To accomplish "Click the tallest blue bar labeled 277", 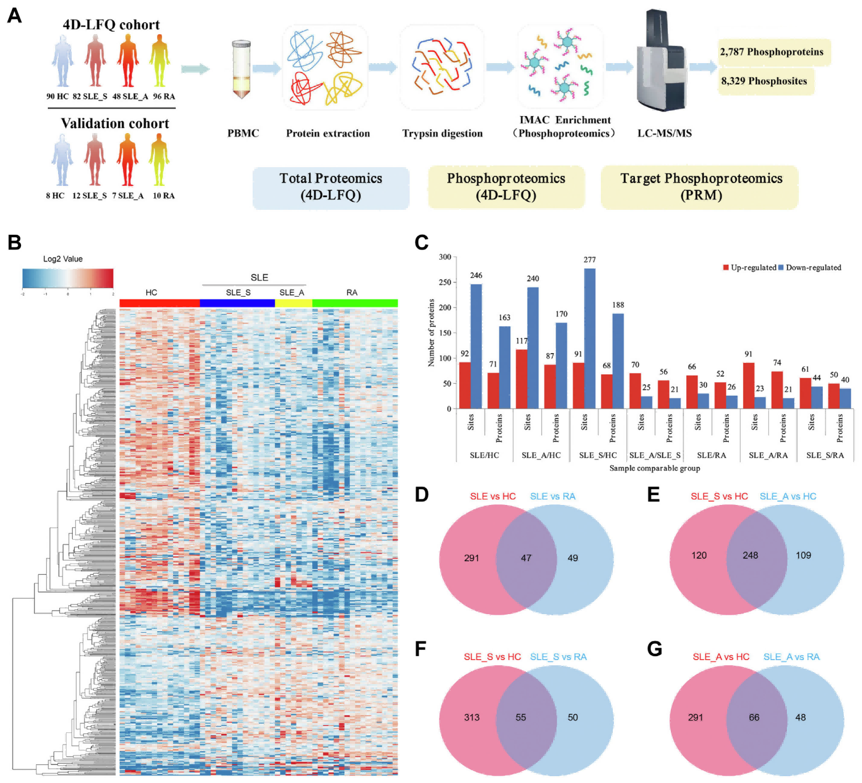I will pyautogui.click(x=589, y=338).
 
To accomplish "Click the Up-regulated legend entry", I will pyautogui.click(x=749, y=267).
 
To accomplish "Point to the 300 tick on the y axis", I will pyautogui.click(x=445, y=257).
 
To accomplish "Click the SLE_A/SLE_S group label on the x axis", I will pyautogui.click(x=655, y=455).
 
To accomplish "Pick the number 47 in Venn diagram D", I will pyautogui.click(x=526, y=558).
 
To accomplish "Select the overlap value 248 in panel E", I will pyautogui.click(x=750, y=555).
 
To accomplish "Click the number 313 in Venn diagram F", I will pyautogui.click(x=472, y=718).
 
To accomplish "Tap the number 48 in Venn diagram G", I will pyautogui.click(x=801, y=718).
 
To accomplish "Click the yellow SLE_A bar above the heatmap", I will pyautogui.click(x=294, y=303).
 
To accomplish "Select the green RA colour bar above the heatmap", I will pyautogui.click(x=355, y=303).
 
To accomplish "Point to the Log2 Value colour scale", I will pyautogui.click(x=68, y=278).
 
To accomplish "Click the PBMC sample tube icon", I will pyautogui.click(x=241, y=69).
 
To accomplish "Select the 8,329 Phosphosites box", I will pyautogui.click(x=764, y=81).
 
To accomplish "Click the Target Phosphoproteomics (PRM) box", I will pyautogui.click(x=700, y=187).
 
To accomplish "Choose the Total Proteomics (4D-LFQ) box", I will pyautogui.click(x=331, y=187).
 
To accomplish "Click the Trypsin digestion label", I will pyautogui.click(x=442, y=134).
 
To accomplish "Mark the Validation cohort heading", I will pyautogui.click(x=115, y=123).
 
